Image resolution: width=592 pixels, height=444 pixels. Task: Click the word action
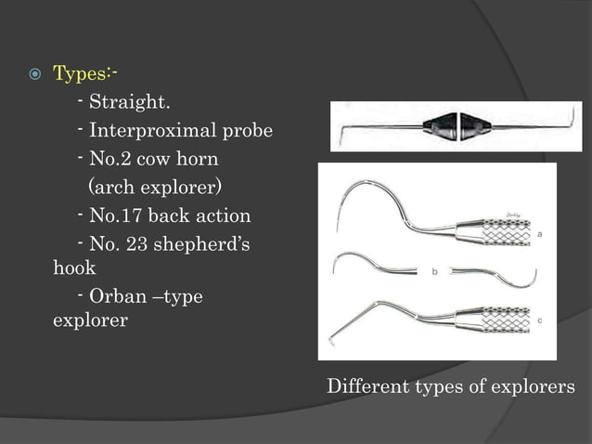(220, 216)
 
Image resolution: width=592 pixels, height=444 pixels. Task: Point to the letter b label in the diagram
(433, 272)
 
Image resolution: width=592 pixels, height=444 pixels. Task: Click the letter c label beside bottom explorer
(540, 320)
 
